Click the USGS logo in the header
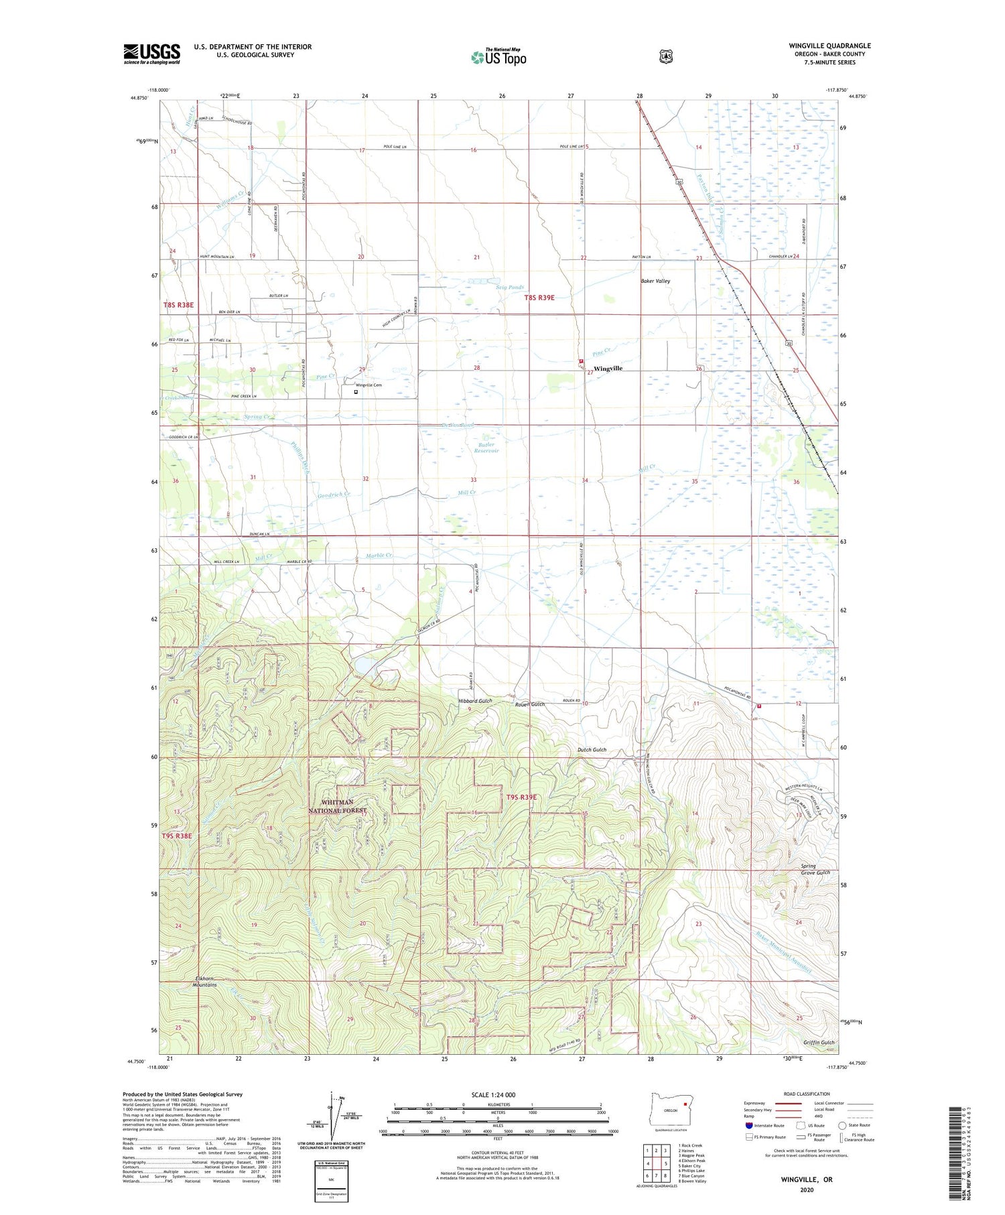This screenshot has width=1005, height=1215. click(151, 54)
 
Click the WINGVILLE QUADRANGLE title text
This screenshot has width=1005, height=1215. click(829, 46)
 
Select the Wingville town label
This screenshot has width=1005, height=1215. click(608, 369)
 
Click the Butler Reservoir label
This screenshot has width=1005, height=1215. click(486, 448)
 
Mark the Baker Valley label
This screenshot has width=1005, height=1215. click(655, 281)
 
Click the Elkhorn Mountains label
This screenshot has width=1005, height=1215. click(204, 981)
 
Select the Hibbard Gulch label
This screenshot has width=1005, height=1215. click(475, 701)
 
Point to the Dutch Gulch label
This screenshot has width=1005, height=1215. click(592, 750)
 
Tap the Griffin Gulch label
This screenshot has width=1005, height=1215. click(819, 1043)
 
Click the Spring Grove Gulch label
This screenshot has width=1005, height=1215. click(815, 869)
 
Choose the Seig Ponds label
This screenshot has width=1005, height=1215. click(510, 287)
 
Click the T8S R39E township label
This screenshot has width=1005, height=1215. click(539, 298)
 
